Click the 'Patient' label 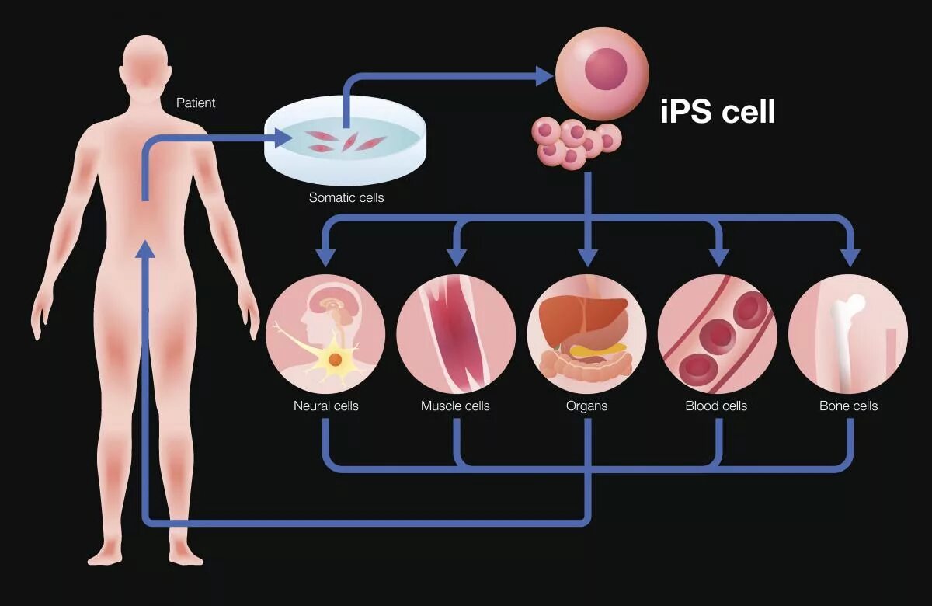[x=196, y=103]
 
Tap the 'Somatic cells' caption [x=346, y=197]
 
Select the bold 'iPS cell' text [x=718, y=112]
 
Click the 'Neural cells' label [x=326, y=406]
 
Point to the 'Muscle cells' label [x=455, y=406]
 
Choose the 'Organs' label [x=587, y=406]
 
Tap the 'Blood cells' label [x=716, y=406]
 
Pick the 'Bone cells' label [x=849, y=406]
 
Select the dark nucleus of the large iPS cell [x=605, y=68]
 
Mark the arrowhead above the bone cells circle [x=851, y=256]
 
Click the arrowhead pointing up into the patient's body [x=145, y=249]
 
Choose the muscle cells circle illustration [x=456, y=334]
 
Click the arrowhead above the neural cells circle [x=325, y=256]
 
